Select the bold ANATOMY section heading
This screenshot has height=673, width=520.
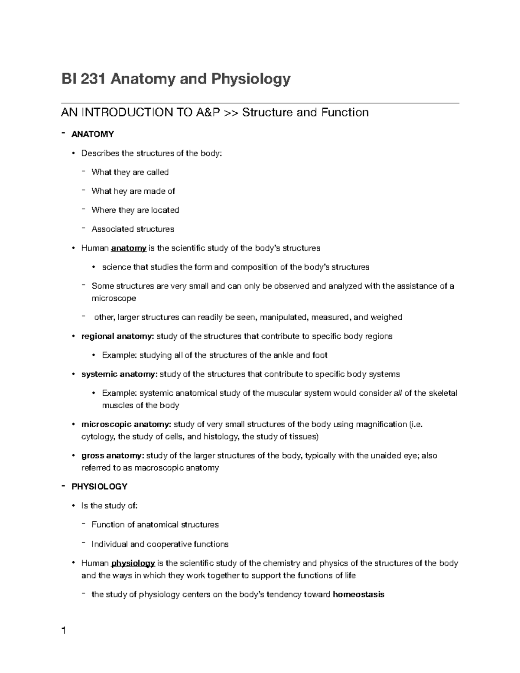(92, 134)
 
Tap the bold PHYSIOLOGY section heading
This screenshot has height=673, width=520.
(99, 487)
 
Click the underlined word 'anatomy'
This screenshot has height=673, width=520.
(129, 248)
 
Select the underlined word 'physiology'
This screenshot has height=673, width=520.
(133, 563)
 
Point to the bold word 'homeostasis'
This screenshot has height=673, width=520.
(358, 595)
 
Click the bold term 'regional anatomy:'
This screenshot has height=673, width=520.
(117, 336)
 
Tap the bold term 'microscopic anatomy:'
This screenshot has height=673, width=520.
(127, 424)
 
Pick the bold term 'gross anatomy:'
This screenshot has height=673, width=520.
(113, 455)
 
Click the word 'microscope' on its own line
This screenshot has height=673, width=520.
(114, 299)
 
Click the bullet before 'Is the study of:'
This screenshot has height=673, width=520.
(73, 506)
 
